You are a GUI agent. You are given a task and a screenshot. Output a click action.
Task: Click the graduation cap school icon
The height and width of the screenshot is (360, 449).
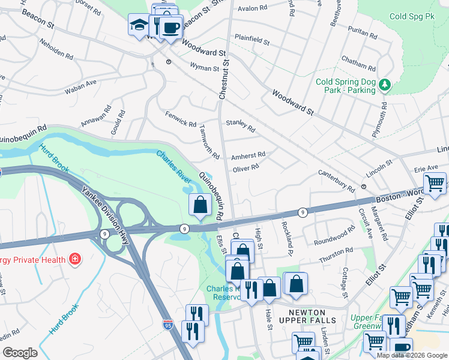(x=139, y=26)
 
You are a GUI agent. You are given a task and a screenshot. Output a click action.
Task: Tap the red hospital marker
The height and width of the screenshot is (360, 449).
(x=75, y=260)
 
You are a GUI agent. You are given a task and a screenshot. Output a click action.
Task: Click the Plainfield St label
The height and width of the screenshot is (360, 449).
(x=252, y=43)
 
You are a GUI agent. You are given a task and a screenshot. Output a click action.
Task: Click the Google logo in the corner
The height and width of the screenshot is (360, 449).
(x=20, y=353)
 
